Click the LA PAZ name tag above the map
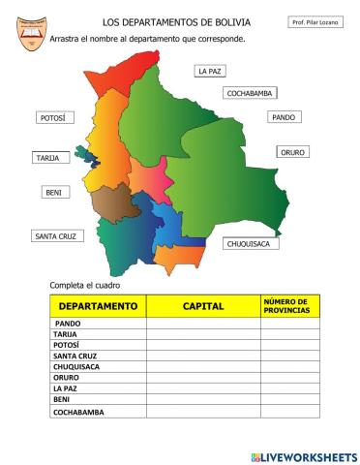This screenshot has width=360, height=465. pyautogui.click(x=209, y=71)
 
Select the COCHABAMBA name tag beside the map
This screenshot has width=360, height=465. pyautogui.click(x=251, y=93)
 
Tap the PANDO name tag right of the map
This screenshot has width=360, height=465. pyautogui.click(x=283, y=117)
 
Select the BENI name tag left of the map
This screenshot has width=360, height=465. pyautogui.click(x=53, y=193)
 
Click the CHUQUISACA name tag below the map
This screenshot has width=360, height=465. pyautogui.click(x=253, y=244)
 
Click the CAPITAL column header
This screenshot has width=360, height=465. pyautogui.click(x=203, y=306)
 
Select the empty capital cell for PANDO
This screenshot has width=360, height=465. pyautogui.click(x=203, y=324)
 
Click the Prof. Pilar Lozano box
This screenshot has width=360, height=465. pyautogui.click(x=315, y=21)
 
